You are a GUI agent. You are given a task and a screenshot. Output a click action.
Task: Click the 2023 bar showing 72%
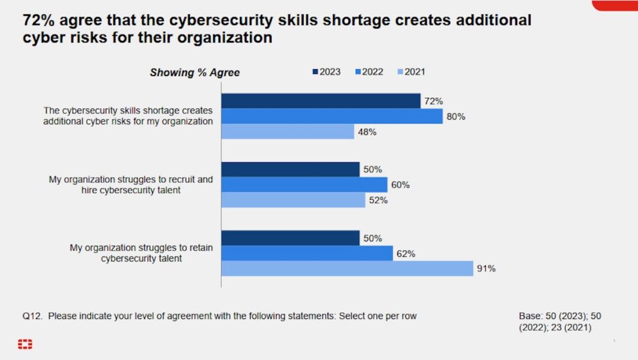click(x=321, y=101)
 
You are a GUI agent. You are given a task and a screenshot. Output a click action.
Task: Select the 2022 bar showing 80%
click(x=332, y=116)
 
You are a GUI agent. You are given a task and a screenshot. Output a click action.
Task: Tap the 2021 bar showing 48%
click(x=288, y=131)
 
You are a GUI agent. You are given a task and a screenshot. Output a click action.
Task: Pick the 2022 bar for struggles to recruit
click(x=304, y=184)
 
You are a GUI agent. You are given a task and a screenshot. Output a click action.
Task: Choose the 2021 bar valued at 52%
click(x=293, y=200)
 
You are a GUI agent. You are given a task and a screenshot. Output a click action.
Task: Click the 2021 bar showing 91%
click(x=347, y=268)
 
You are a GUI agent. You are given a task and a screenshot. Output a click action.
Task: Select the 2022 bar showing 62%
click(x=307, y=253)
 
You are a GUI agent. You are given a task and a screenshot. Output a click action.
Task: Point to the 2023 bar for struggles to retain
click(x=290, y=238)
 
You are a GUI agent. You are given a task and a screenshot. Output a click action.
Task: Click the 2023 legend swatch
click(x=315, y=72)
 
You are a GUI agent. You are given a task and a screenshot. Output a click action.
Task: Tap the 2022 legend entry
click(x=368, y=72)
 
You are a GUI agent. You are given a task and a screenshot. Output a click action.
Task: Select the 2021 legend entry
click(x=411, y=72)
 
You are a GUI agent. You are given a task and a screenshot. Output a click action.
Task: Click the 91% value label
click(x=486, y=269)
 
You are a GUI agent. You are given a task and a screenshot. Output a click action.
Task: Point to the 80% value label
click(x=456, y=116)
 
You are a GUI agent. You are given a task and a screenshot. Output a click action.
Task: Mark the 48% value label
click(x=367, y=132)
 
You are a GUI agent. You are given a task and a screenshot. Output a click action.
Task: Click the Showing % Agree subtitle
click(x=194, y=73)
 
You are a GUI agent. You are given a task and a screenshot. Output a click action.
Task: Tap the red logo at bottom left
click(x=25, y=344)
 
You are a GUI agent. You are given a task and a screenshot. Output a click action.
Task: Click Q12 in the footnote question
click(x=32, y=316)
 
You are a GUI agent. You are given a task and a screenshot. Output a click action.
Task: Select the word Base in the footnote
click(x=530, y=316)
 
